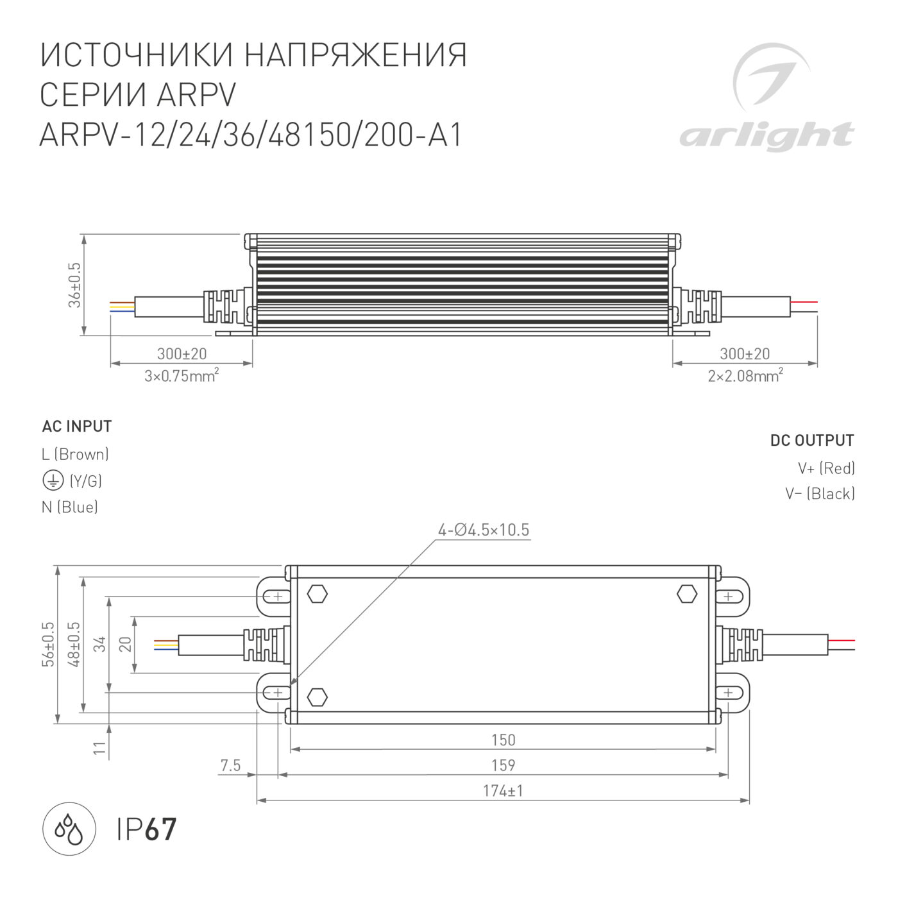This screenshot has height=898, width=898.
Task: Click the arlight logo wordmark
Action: click(x=767, y=136)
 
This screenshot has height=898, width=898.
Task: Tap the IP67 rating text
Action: click(x=146, y=829)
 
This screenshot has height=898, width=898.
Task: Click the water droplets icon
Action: click(x=69, y=829)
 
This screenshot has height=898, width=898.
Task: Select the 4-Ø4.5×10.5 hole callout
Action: click(x=484, y=530)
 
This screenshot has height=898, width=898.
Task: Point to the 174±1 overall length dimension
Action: click(x=503, y=791)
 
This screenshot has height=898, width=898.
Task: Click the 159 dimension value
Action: click(x=503, y=765)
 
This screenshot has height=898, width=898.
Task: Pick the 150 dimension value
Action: click(x=503, y=740)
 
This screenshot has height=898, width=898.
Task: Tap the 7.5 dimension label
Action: click(x=230, y=765)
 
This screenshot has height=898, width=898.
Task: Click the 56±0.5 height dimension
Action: click(x=49, y=644)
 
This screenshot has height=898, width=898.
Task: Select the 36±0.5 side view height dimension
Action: click(x=75, y=285)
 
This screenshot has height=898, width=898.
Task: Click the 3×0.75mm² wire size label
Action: click(x=182, y=375)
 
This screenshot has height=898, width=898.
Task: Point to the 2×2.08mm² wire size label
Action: click(x=745, y=375)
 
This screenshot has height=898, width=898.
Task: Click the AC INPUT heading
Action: click(x=77, y=427)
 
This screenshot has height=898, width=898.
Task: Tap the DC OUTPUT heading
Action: click(x=812, y=441)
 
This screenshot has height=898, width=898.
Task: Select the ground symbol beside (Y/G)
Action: click(x=53, y=480)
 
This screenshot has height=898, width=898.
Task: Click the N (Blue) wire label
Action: click(x=70, y=507)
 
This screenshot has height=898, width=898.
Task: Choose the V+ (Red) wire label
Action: click(x=826, y=468)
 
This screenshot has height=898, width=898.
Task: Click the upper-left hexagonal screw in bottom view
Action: click(x=318, y=594)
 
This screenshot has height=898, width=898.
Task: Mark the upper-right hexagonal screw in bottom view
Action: click(x=687, y=594)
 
